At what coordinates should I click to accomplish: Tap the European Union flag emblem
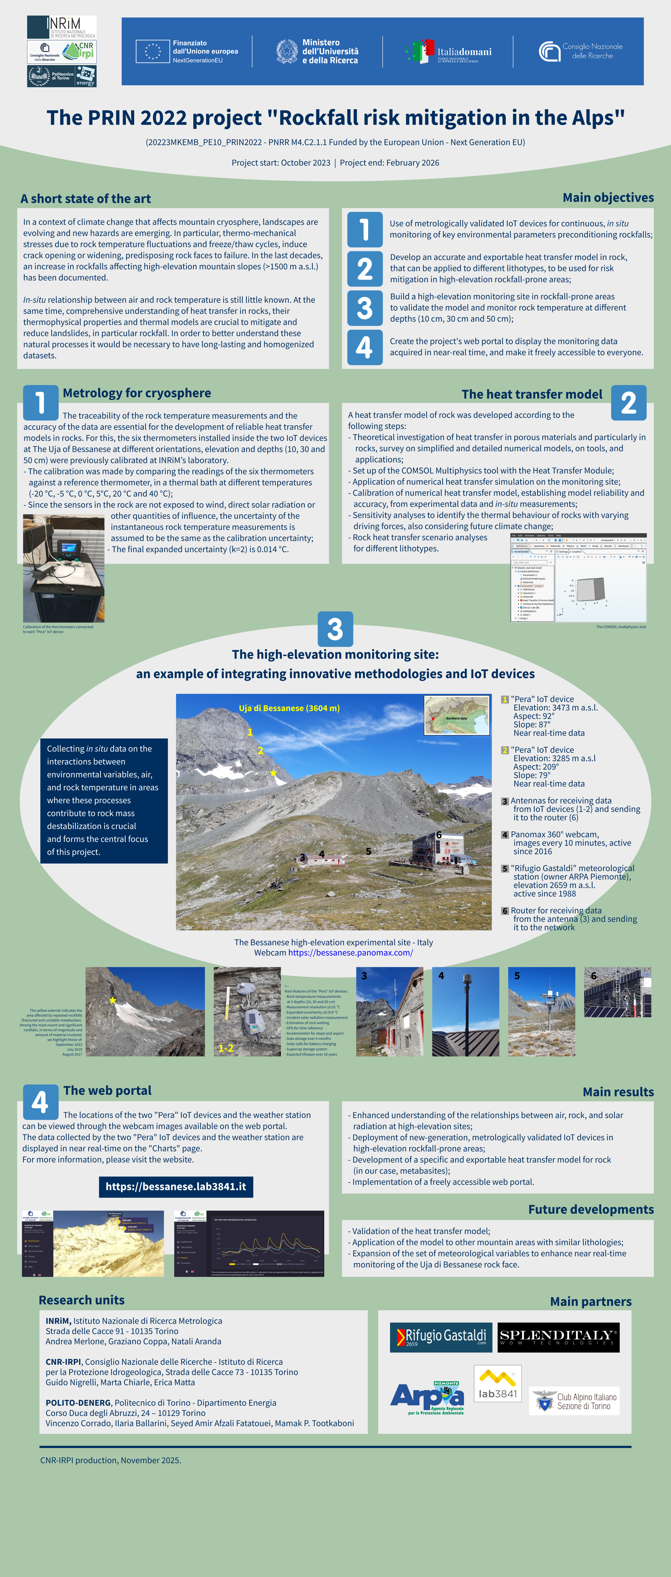coord(152,52)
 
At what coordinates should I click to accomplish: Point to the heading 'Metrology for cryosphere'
coord(137,393)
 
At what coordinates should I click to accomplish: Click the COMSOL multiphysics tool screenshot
coord(578,577)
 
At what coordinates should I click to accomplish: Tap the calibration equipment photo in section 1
coord(64,568)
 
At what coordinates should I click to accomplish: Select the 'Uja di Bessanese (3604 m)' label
coord(289,708)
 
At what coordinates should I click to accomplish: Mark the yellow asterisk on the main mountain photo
coord(273,773)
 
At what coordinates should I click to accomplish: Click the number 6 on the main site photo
coord(439,835)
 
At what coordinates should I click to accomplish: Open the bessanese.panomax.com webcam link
coord(350,952)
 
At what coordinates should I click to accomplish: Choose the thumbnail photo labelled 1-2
coord(247,1011)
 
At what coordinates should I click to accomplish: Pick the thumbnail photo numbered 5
coord(541,1011)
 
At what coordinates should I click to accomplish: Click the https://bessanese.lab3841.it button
coord(176,1186)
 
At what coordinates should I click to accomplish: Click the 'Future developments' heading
coord(591,1209)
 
